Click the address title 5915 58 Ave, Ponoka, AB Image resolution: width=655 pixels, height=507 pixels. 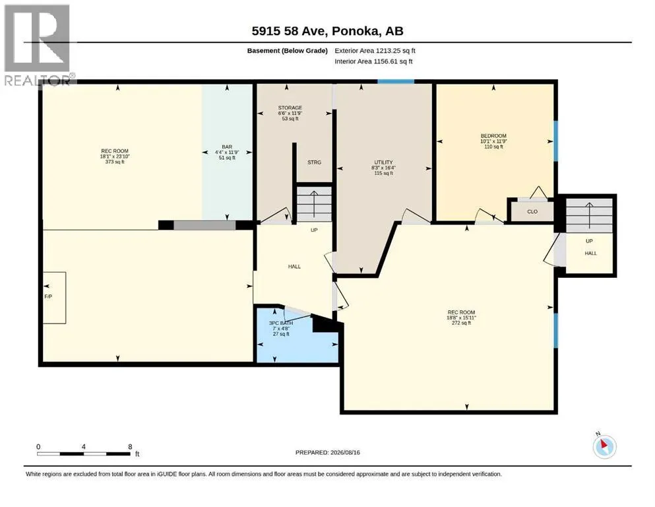[x=327, y=31]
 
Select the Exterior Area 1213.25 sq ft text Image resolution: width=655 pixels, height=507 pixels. [x=375, y=51]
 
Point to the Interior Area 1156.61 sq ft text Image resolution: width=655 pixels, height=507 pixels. [x=373, y=61]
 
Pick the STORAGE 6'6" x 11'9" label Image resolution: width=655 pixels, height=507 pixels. [x=290, y=114]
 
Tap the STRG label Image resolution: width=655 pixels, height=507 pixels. [x=314, y=162]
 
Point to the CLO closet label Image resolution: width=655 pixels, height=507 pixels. [x=532, y=211]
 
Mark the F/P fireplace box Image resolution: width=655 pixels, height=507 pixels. [x=55, y=298]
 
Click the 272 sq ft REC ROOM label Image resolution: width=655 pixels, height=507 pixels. [x=461, y=318]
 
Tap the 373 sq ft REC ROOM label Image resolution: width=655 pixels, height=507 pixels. [x=115, y=156]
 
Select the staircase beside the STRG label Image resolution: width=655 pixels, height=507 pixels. [x=314, y=204]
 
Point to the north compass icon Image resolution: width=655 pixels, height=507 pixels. [x=604, y=446]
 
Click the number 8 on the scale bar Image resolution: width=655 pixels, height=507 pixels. [x=130, y=447]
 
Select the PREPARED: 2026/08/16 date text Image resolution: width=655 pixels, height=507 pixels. [x=327, y=452]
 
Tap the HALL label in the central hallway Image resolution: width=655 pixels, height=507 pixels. [x=294, y=266]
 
